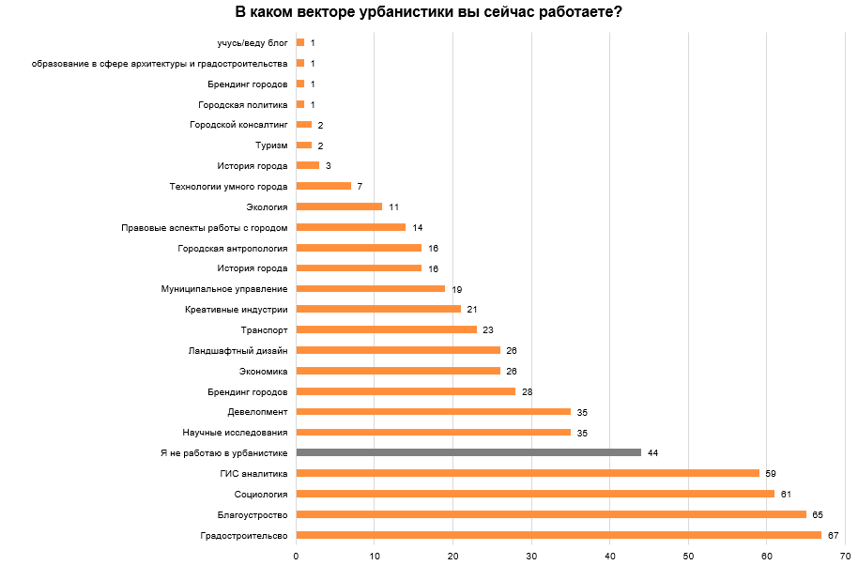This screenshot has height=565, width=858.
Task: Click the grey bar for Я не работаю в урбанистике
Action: point(468,452)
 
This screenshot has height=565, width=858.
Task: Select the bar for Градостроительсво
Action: point(559,535)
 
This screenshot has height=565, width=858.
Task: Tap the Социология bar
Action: point(535,494)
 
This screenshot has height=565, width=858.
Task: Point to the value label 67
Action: point(833,535)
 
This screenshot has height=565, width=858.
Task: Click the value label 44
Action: point(652,452)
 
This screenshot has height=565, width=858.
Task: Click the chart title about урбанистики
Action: point(429,12)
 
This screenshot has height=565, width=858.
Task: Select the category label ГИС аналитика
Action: point(254,473)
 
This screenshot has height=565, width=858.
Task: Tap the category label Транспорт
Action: point(265,329)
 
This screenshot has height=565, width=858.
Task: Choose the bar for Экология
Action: point(339,206)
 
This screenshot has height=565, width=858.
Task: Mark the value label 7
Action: point(360,186)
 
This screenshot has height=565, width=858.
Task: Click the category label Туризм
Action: point(271,145)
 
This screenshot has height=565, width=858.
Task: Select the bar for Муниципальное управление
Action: point(370,288)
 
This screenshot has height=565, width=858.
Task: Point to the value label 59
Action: point(770,473)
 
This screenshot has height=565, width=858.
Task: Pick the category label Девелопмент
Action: point(257,411)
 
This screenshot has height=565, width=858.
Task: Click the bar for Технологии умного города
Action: point(323,186)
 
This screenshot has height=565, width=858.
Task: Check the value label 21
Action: point(472,309)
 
